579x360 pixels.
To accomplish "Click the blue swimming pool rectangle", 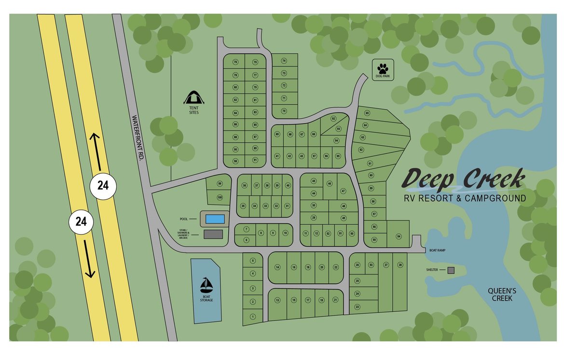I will (215, 219).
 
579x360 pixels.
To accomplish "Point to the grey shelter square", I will (451, 270).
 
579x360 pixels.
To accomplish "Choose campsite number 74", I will (284, 61).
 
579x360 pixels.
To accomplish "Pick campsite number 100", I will (220, 197).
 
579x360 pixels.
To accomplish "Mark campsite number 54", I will (399, 236).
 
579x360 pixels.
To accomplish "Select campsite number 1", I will (252, 317).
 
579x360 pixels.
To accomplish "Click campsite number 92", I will (333, 118).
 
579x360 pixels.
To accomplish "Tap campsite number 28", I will (400, 265).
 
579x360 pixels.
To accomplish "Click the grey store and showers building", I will (213, 234).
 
